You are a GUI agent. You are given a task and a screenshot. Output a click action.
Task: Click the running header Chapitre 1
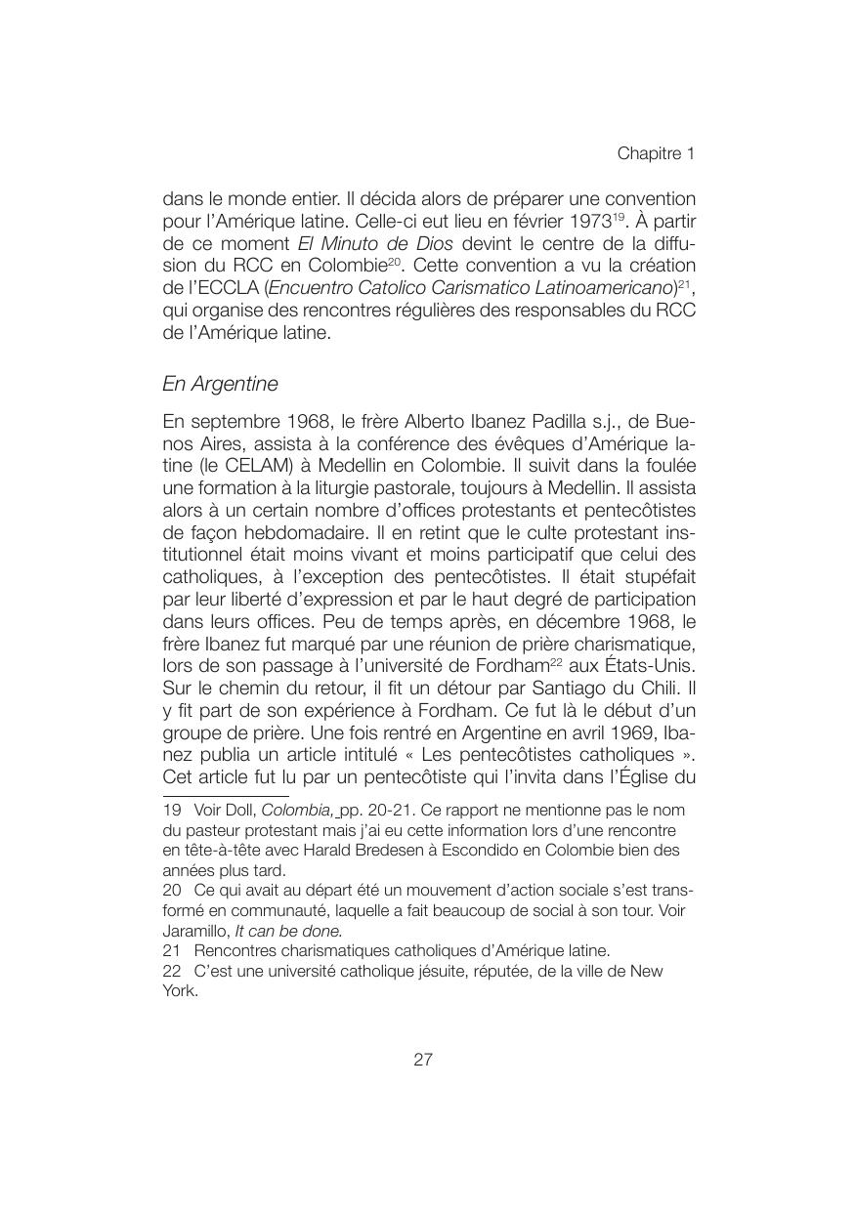(655, 154)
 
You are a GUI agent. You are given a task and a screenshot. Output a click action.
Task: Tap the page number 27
(423, 1060)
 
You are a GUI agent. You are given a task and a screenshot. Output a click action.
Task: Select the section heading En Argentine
(220, 384)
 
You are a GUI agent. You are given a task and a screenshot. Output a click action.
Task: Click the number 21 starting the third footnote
(173, 950)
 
